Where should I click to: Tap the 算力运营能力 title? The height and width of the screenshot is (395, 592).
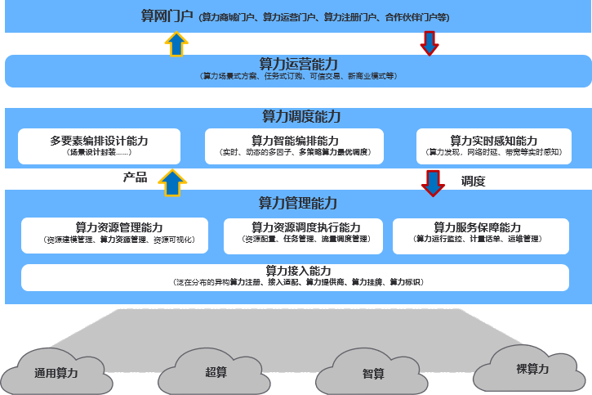click(x=298, y=63)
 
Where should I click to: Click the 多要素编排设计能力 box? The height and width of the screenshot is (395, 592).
click(x=99, y=146)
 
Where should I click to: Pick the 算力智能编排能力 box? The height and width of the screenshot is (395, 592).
click(x=295, y=146)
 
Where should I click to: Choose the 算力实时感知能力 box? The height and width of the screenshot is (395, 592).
click(x=494, y=146)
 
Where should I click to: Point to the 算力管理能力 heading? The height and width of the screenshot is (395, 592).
click(x=298, y=202)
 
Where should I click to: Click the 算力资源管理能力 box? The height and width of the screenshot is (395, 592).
click(x=114, y=234)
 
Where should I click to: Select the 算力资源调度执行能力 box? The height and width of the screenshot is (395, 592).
click(x=305, y=234)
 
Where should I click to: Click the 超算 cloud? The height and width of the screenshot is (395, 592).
click(x=215, y=370)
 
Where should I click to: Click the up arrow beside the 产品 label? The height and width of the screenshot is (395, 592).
click(x=172, y=182)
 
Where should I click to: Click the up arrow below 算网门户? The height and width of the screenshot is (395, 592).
click(x=175, y=43)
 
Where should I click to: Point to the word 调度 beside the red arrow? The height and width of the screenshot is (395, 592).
click(x=473, y=181)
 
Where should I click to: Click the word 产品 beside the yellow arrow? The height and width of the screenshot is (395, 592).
click(x=135, y=177)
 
